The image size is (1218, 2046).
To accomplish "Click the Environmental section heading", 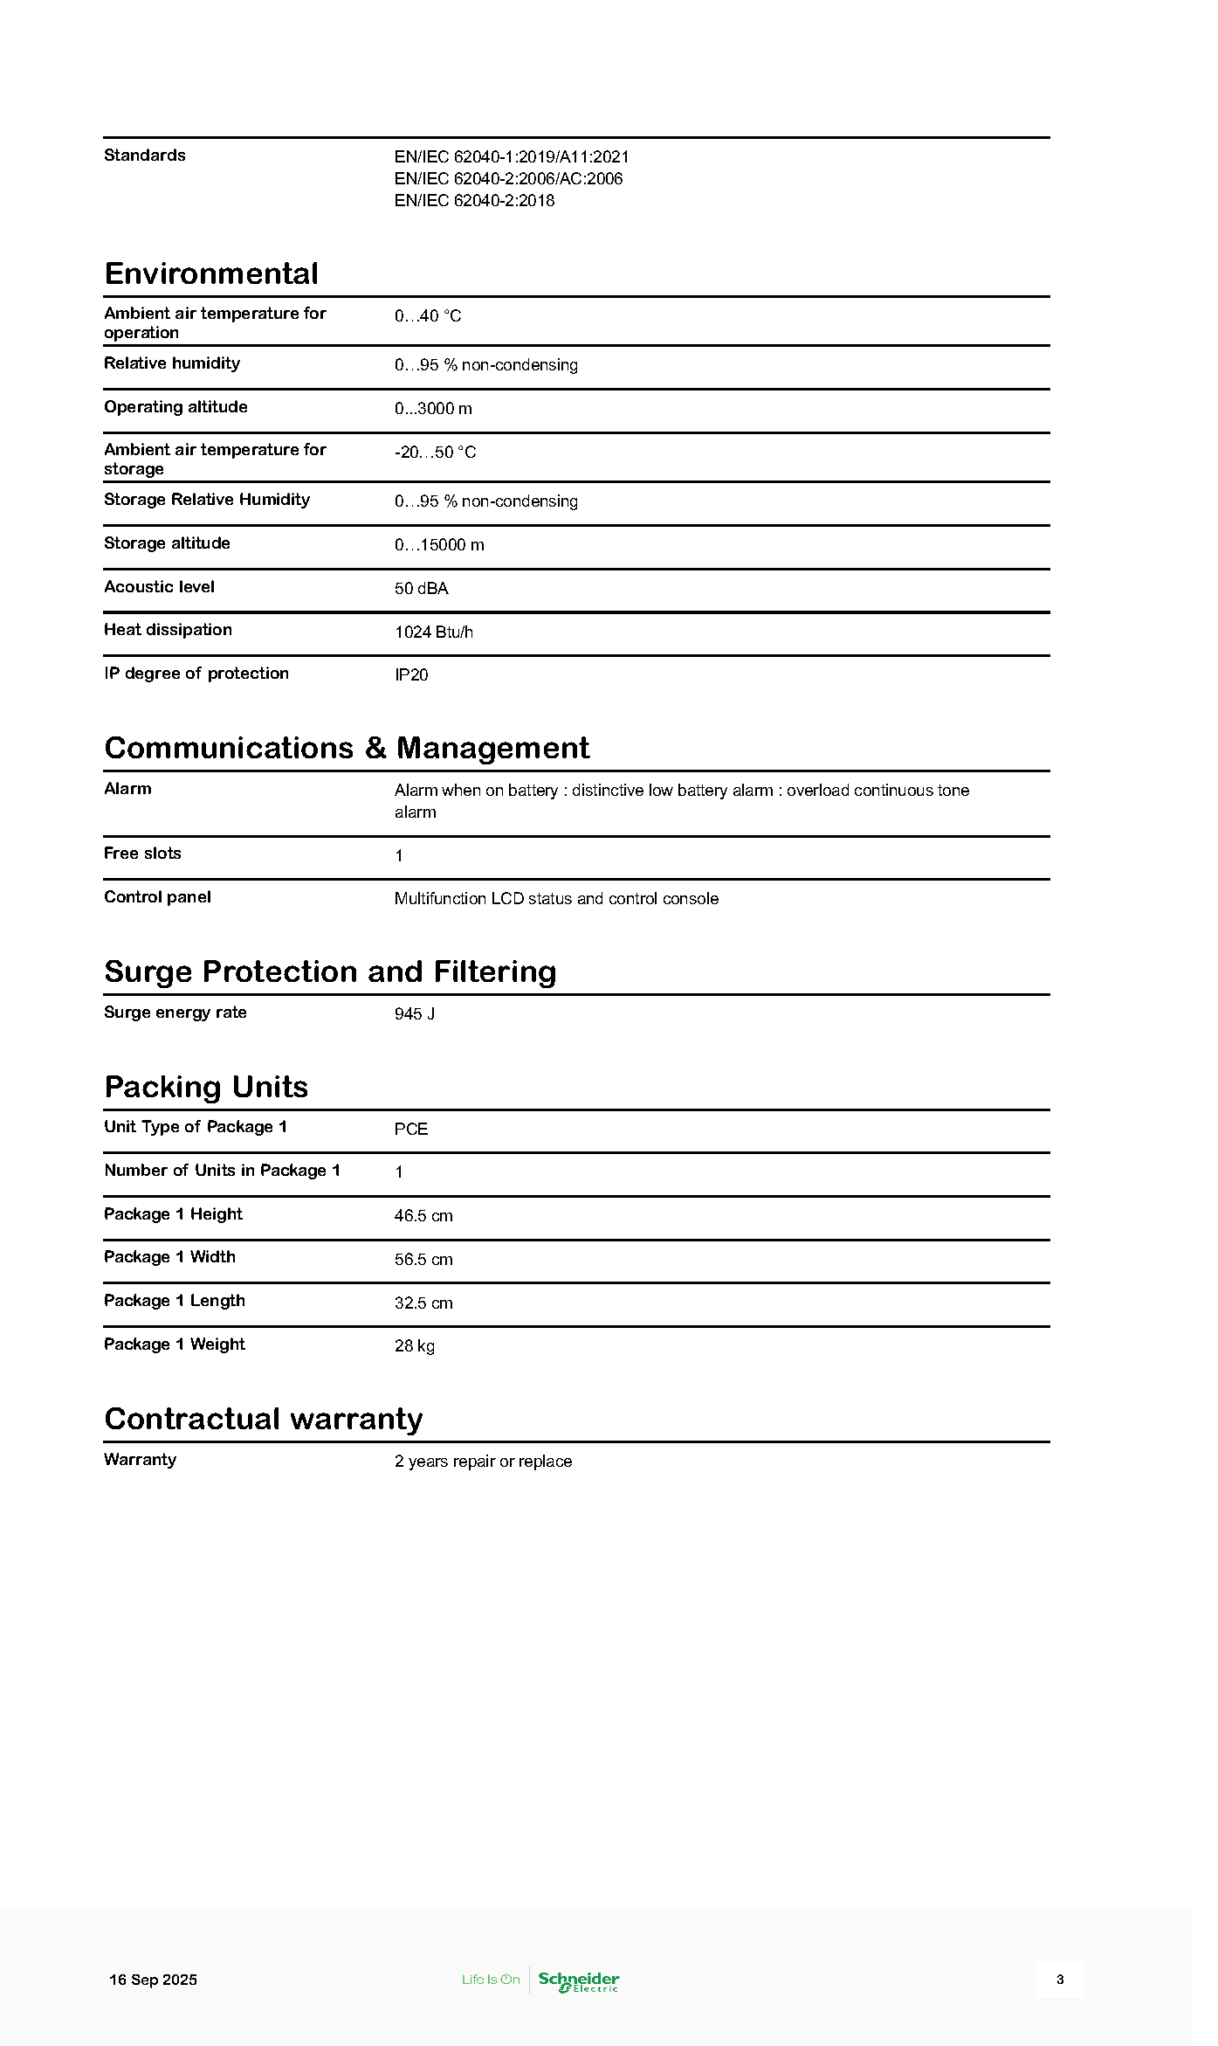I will coord(211,273).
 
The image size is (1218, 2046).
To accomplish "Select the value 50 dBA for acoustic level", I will coord(421,589).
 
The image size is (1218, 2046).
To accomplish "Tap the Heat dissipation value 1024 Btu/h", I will coord(433,632).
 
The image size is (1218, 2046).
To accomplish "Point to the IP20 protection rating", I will coord(411,675).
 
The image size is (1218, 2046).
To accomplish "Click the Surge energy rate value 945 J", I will coord(414,1014).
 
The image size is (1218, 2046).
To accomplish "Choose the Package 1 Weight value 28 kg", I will coord(414,1346).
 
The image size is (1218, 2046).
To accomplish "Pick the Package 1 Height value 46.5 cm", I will coord(423,1216).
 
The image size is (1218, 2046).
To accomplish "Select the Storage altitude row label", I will coord(167,543).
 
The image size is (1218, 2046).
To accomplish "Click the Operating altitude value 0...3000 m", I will coord(433,409).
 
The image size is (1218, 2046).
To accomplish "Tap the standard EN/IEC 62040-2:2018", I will coord(474,201).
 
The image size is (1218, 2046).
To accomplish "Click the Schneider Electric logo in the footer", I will coord(578,1981).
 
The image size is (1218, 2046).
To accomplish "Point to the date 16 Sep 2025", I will coord(153,1980).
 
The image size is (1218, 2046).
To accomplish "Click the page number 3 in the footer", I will coord(1059,1980).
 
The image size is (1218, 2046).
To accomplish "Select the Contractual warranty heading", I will coord(263,1419).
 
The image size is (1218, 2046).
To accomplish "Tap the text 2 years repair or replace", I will coord(483,1462).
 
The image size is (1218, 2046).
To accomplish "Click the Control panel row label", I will coord(157,897).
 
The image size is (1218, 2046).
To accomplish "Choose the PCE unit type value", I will coord(410,1130).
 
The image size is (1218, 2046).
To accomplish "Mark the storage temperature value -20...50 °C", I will coord(435,453).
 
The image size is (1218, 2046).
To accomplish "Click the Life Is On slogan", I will coord(491,1980).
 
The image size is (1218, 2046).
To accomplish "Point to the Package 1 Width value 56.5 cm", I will coord(423,1260).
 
